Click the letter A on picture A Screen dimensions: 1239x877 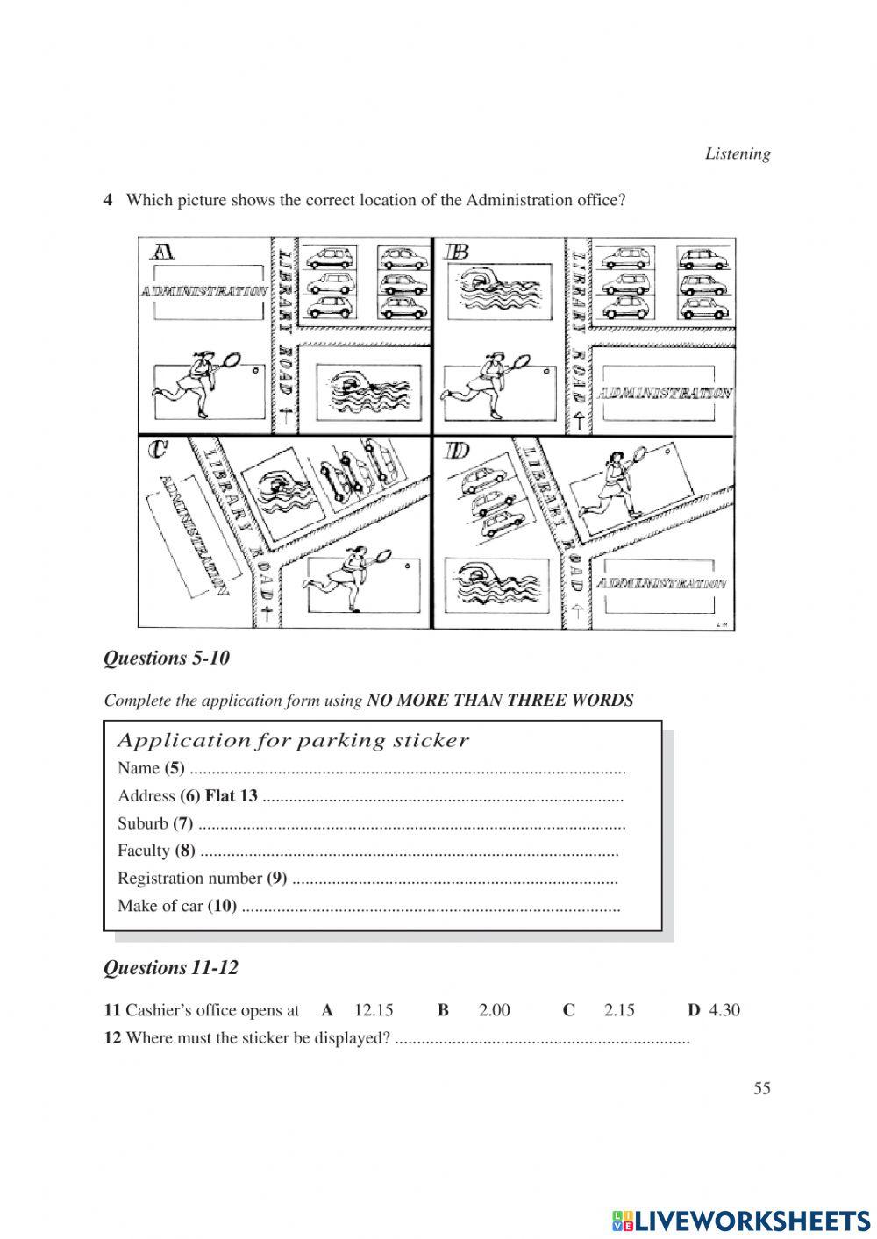click(x=163, y=253)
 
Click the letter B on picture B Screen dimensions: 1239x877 click(x=457, y=253)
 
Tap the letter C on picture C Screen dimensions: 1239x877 click(x=158, y=449)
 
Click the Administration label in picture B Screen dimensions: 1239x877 click(x=665, y=393)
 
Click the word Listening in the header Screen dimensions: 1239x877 click(x=738, y=154)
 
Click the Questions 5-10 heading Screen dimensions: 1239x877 click(x=167, y=658)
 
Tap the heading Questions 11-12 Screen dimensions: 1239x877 click(x=171, y=968)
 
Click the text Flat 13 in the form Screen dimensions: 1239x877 click(x=231, y=796)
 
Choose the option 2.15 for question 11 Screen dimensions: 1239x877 click(x=619, y=1010)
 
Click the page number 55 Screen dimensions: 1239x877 click(x=761, y=1088)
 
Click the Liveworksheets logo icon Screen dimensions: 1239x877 click(x=622, y=1220)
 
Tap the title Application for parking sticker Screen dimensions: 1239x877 click(x=293, y=741)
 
